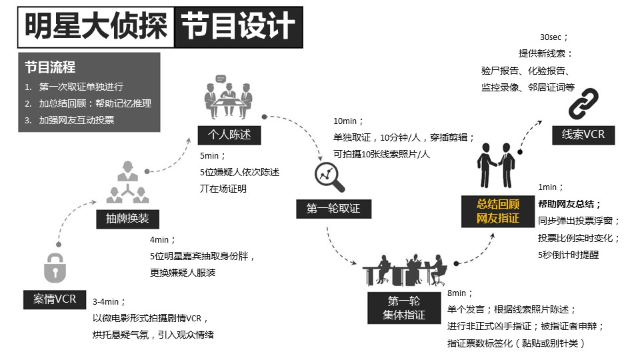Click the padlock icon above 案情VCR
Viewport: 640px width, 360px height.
click(55, 268)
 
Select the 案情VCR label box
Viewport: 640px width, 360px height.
click(55, 299)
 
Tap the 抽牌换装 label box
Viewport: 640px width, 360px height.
click(127, 219)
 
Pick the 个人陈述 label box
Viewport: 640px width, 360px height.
click(229, 135)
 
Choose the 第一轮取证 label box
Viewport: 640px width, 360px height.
click(333, 209)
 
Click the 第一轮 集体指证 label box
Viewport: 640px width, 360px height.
click(404, 308)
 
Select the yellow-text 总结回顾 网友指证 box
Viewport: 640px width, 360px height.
click(498, 211)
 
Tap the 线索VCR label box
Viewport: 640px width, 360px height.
click(583, 135)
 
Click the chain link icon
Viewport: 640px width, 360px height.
click(583, 104)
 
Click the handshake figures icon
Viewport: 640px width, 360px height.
click(496, 165)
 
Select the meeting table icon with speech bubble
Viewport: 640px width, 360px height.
click(229, 97)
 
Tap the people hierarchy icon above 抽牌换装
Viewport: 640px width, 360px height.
click(128, 182)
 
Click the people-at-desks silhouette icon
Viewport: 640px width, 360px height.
click(405, 270)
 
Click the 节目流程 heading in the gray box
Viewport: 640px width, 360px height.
click(50, 67)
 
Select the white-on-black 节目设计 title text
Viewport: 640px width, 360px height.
click(238, 26)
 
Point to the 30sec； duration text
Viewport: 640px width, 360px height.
click(553, 37)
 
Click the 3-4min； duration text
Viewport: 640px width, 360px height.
click(109, 301)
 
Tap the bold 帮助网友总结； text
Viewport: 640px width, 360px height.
click(569, 204)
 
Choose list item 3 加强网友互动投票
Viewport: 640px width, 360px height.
click(69, 120)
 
